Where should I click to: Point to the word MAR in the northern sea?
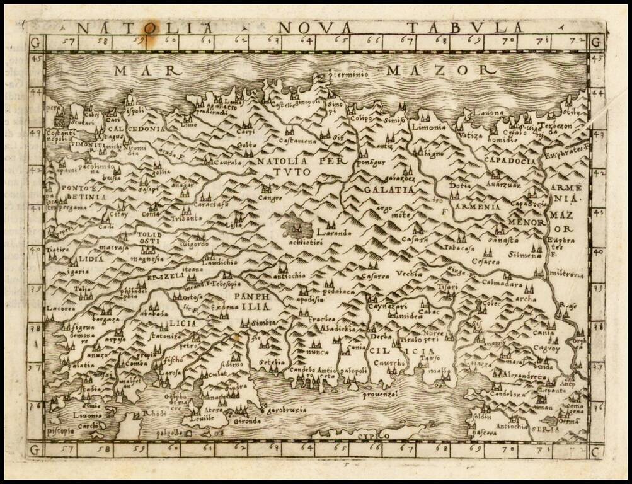139,70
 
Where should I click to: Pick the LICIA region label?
183,323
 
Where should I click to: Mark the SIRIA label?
546,429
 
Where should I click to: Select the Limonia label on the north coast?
428,126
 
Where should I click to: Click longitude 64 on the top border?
307,42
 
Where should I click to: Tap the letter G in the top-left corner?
35,43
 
